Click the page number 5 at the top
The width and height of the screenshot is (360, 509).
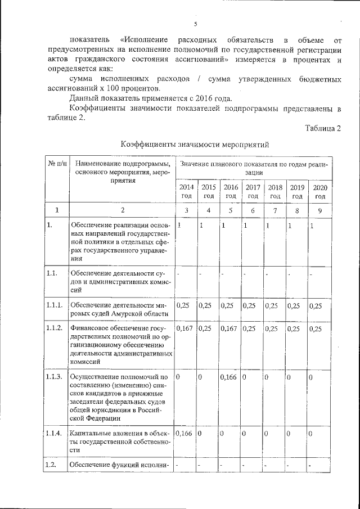click(x=195, y=24)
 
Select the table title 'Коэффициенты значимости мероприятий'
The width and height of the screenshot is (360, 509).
click(x=195, y=145)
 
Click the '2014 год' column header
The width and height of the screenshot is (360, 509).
click(x=186, y=191)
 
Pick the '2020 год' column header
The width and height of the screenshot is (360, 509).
click(x=320, y=191)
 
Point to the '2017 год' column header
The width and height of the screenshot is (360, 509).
click(x=253, y=191)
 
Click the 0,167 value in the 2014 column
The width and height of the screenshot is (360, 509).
click(x=184, y=328)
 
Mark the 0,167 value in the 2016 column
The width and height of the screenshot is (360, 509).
click(x=229, y=328)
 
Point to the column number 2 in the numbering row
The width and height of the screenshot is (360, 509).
click(x=121, y=210)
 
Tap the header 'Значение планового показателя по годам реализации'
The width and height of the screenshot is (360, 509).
click(x=253, y=168)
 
